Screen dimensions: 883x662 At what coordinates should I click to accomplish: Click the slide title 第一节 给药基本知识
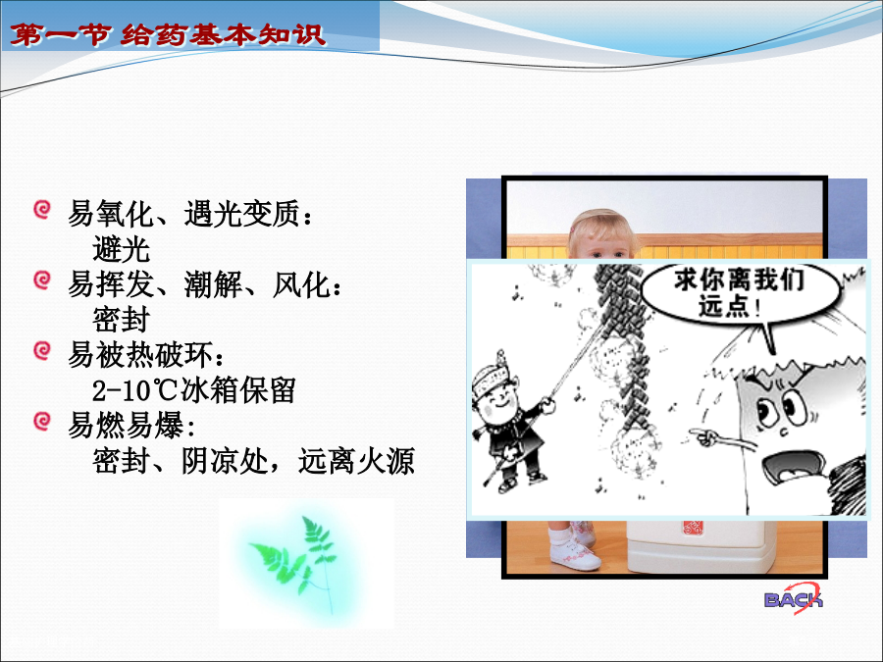click(168, 35)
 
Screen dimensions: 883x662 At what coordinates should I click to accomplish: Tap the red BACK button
click(794, 598)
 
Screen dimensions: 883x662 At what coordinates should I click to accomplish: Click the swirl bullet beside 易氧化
click(42, 210)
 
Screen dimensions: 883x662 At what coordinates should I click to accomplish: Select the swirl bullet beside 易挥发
click(42, 280)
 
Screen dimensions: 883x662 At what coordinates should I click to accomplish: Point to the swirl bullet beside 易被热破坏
click(42, 350)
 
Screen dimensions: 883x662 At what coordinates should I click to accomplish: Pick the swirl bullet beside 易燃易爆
click(42, 421)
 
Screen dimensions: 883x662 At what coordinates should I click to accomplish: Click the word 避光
click(122, 249)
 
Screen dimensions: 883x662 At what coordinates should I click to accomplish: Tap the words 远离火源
click(356, 461)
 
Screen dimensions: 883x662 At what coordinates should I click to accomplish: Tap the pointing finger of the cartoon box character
click(703, 436)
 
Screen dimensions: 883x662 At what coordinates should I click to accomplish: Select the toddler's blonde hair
click(601, 229)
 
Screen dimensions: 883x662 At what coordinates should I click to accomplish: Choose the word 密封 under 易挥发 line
click(122, 320)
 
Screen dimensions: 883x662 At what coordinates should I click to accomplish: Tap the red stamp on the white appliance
click(693, 528)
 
